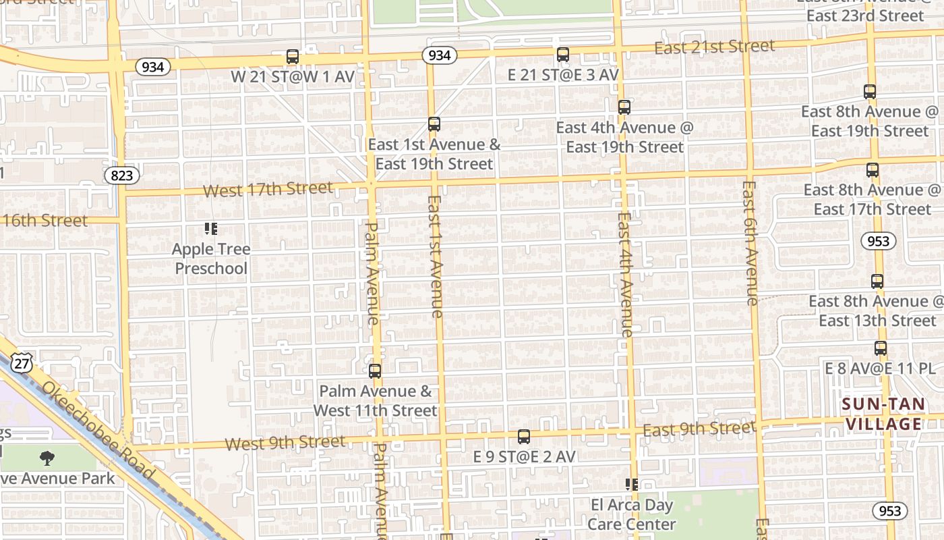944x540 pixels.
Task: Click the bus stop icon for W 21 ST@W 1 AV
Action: tap(293, 57)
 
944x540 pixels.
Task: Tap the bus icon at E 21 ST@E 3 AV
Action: tap(563, 55)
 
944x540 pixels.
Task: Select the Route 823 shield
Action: tap(122, 175)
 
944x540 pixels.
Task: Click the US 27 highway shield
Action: tap(22, 362)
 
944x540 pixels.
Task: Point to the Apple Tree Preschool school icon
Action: tap(211, 230)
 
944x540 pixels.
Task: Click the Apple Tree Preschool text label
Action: tap(211, 259)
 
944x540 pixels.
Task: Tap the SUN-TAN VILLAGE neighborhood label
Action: tap(883, 414)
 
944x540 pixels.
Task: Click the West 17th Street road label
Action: tap(268, 189)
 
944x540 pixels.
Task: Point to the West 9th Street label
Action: tap(285, 443)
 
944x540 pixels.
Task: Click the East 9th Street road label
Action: tap(699, 429)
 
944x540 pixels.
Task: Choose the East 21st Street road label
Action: tap(714, 47)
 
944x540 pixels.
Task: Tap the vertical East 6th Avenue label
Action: tap(750, 243)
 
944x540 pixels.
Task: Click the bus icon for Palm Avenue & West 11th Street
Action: tap(375, 371)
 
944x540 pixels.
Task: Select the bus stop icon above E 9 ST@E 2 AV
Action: tap(524, 437)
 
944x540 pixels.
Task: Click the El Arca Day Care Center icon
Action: tap(632, 484)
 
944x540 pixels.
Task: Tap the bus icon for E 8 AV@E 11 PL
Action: tap(881, 348)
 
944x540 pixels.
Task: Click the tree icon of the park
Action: tap(47, 458)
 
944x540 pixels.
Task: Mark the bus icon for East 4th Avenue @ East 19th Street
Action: tap(624, 107)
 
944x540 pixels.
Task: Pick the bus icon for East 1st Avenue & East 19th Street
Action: tap(434, 124)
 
